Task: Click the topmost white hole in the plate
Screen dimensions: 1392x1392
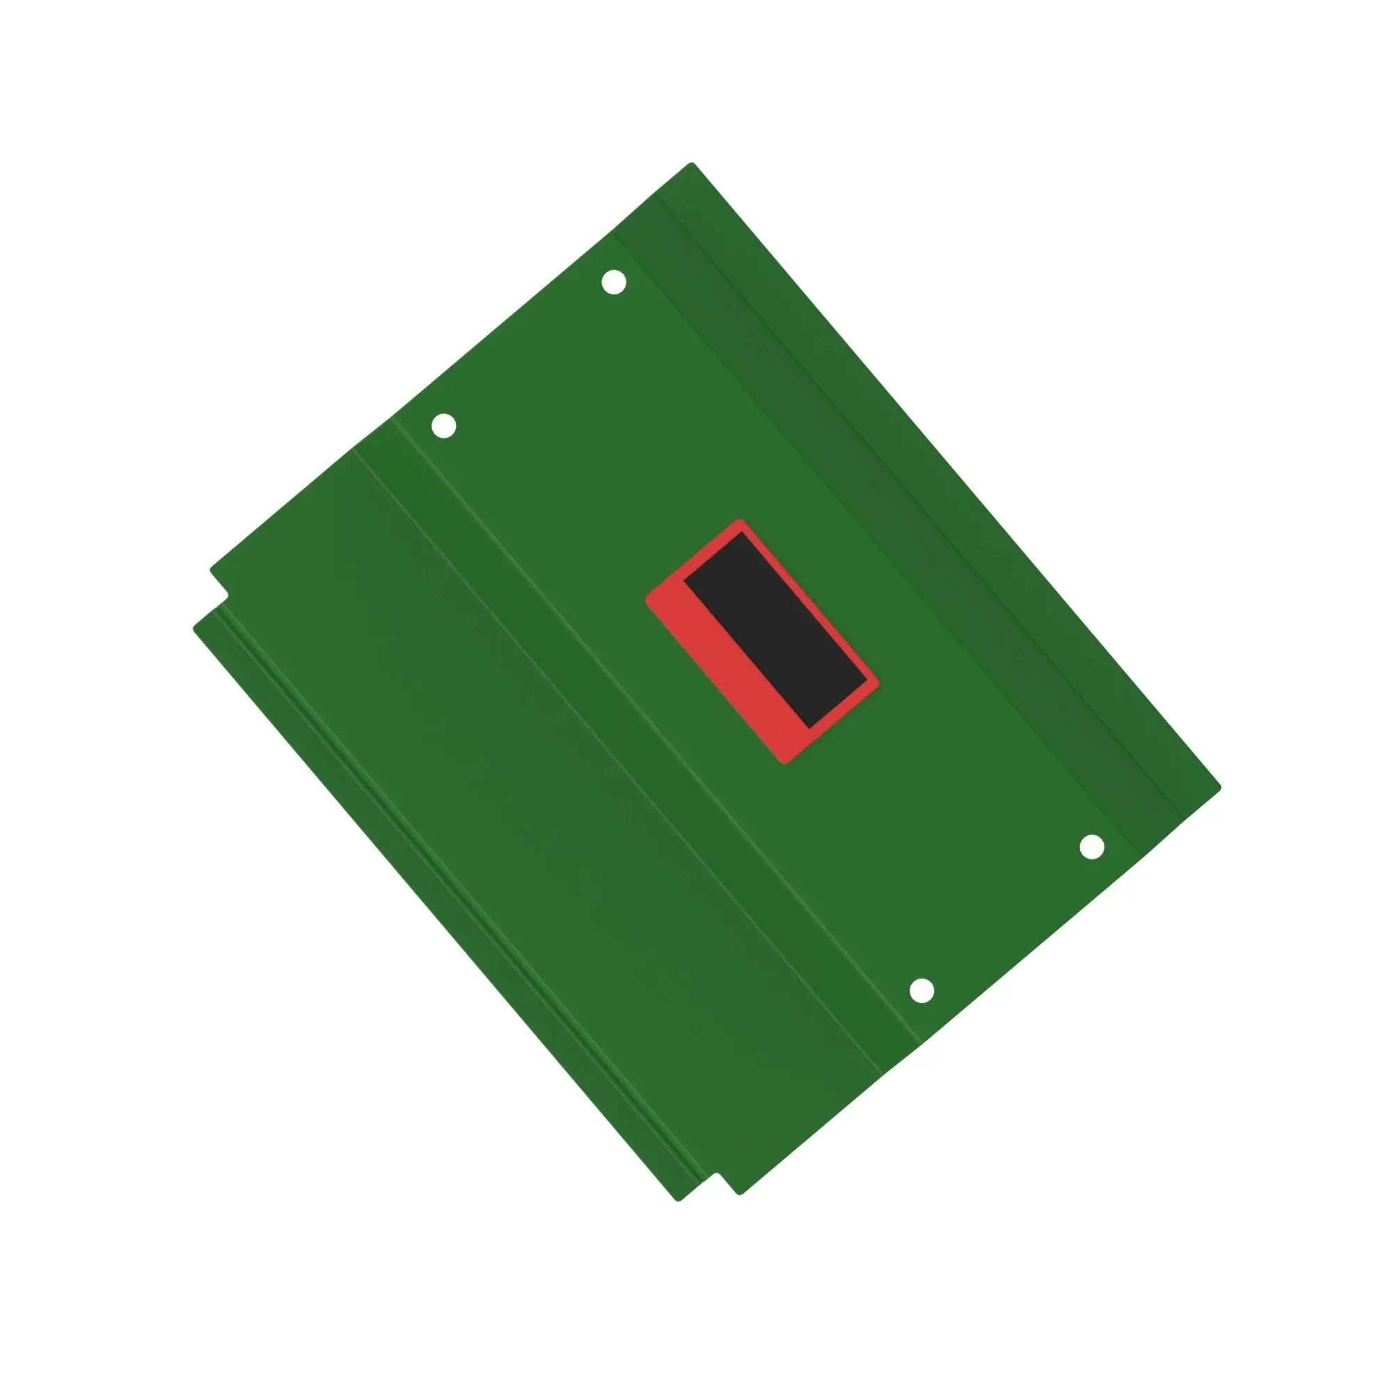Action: tap(613, 283)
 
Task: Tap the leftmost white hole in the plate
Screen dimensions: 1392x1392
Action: tap(443, 426)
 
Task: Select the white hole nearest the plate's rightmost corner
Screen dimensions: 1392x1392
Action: tap(1091, 847)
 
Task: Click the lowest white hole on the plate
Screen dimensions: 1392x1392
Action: tap(922, 990)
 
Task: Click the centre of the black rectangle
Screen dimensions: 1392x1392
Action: tap(775, 630)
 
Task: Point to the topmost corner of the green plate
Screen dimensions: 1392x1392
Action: tap(692, 164)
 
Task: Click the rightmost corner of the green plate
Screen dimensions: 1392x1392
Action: tap(1220, 787)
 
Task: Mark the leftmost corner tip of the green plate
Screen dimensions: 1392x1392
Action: tap(195, 629)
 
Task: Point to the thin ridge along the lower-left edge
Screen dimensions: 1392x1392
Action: tap(447, 901)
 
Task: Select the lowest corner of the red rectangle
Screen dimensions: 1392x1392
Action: tap(784, 762)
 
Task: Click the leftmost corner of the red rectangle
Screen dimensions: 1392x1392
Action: tap(647, 598)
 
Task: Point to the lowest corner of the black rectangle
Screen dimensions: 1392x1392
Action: tap(810, 728)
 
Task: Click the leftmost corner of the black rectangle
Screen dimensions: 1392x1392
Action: tap(683, 578)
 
